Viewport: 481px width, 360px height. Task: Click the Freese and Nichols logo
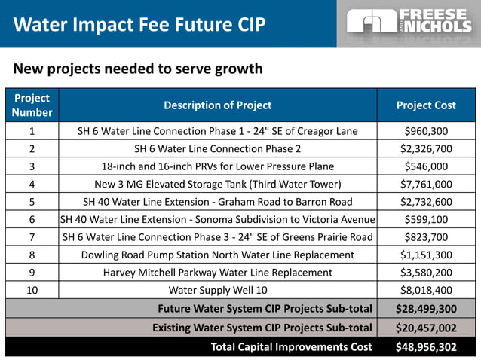[409, 24]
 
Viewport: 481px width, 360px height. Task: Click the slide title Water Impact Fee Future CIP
[140, 25]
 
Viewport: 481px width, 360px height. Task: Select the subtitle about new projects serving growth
[138, 69]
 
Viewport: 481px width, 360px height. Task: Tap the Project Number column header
[32, 105]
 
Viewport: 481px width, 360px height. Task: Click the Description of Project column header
[217, 105]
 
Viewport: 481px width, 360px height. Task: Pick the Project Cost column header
[426, 105]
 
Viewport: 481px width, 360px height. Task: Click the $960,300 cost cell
[426, 131]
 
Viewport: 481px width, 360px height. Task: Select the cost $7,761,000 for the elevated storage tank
[426, 184]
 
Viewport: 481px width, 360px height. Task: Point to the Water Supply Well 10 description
[217, 290]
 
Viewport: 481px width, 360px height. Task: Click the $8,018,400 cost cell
[426, 290]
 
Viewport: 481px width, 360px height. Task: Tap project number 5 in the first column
[32, 202]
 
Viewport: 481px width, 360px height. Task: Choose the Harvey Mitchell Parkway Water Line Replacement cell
[217, 272]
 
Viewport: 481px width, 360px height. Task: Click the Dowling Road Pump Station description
[217, 255]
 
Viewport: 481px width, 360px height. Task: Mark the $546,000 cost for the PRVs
[426, 166]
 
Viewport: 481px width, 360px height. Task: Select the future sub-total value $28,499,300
[426, 308]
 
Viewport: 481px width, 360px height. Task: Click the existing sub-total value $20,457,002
[426, 328]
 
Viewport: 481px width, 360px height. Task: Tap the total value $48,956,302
[426, 347]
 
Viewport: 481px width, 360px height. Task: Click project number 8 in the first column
[32, 255]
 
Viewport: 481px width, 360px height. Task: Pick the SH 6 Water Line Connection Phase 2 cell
[217, 148]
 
